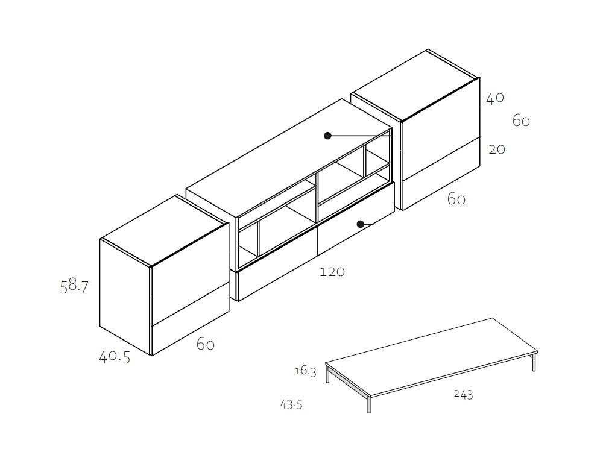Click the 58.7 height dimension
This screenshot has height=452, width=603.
pos(74,286)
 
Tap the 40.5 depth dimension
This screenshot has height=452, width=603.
pos(115,357)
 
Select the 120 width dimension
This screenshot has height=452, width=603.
pos(332,272)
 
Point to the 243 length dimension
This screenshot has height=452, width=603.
pos(463,394)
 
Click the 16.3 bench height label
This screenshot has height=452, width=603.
pos(305,371)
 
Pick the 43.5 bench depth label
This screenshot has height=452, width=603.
pos(291,404)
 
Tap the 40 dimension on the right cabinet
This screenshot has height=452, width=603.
pos(495,98)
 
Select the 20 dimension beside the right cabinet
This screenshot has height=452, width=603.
pos(497,149)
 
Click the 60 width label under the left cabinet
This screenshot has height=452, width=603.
pos(206,344)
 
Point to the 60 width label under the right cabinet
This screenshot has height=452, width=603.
pos(456,199)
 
